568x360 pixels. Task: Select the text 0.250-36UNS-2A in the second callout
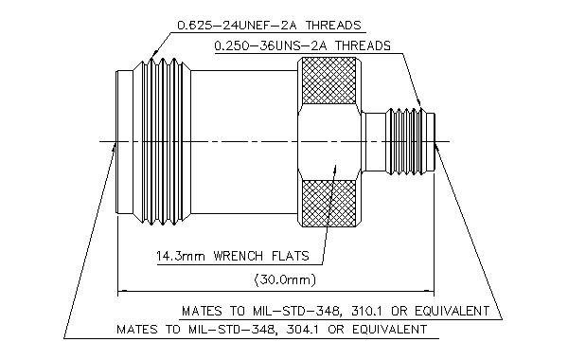click(x=271, y=46)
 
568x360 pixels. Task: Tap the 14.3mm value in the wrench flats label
click(x=181, y=256)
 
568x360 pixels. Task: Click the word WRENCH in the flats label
click(x=238, y=256)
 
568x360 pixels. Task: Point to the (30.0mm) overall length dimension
click(x=285, y=279)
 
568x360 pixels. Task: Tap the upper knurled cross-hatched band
click(x=328, y=81)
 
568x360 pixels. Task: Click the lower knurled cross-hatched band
click(x=328, y=203)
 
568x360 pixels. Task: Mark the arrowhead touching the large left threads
click(x=153, y=55)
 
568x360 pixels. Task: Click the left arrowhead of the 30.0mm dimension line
click(x=123, y=291)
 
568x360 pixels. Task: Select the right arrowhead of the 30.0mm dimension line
click(x=429, y=291)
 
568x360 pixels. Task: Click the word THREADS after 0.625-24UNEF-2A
click(x=333, y=26)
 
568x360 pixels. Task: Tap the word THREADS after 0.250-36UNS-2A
click(x=363, y=46)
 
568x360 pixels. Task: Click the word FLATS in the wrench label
click(x=291, y=256)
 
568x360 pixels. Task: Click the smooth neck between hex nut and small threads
click(x=375, y=142)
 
